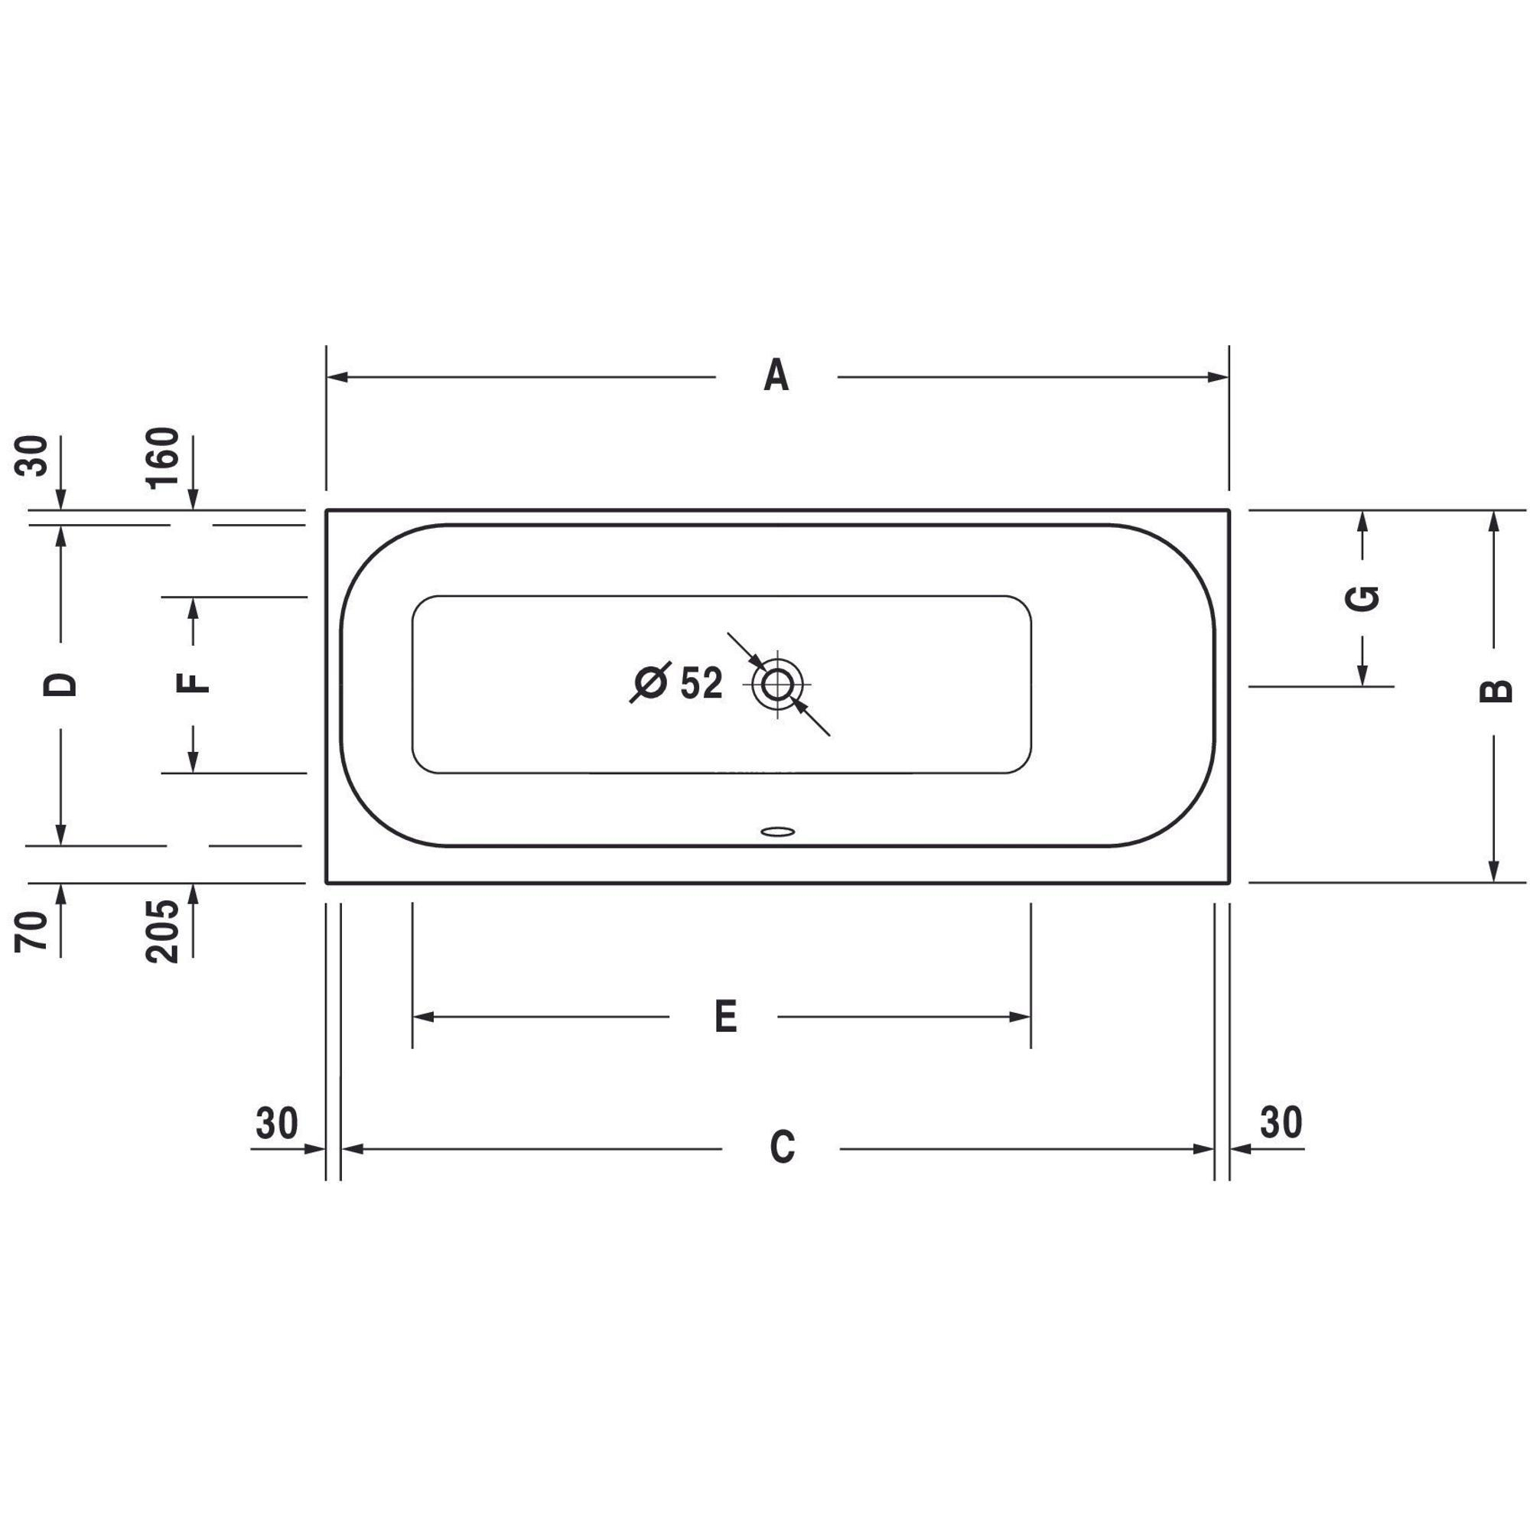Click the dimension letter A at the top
click(x=776, y=376)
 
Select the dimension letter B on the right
click(x=1495, y=691)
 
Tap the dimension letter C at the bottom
click(x=783, y=1147)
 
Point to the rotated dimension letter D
click(x=60, y=684)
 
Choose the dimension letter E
click(x=725, y=1016)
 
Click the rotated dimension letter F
click(x=193, y=682)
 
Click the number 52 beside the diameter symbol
click(x=702, y=682)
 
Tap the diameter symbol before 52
click(x=651, y=682)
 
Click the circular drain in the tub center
click(x=777, y=684)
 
